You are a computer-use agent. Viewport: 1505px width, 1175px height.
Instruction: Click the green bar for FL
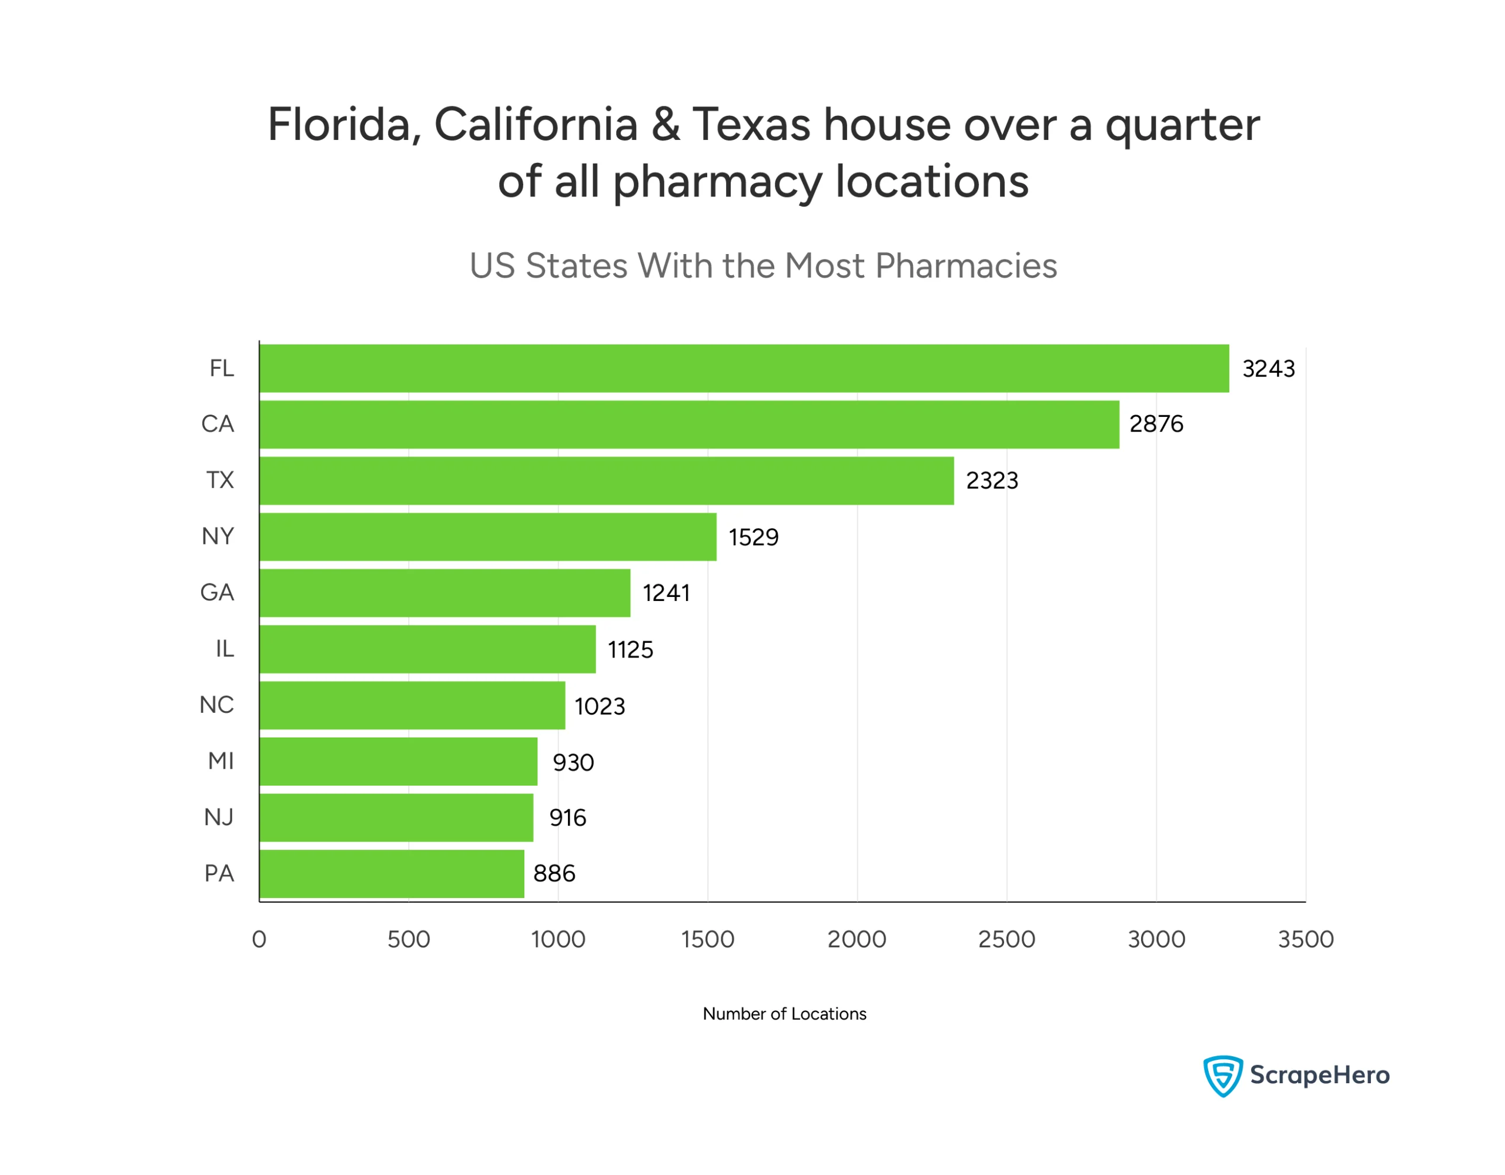pos(744,369)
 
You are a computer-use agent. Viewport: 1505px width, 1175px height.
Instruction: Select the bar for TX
pos(607,481)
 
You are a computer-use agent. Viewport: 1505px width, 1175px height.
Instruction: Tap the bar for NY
pos(488,537)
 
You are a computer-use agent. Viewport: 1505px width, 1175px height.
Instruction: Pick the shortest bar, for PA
pos(392,874)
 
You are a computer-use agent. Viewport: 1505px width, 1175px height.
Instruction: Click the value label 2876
pos(1156,424)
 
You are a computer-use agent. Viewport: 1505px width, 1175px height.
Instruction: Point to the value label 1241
pos(666,593)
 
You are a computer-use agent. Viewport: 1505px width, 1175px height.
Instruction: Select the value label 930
pos(573,763)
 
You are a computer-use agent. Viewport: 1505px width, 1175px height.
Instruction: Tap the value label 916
pos(568,818)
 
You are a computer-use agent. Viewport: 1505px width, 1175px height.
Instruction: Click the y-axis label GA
pos(217,593)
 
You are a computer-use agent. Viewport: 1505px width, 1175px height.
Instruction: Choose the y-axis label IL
pos(225,649)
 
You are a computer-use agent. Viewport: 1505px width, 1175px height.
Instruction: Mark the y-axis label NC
pos(216,705)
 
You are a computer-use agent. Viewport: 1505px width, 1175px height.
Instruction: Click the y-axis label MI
pos(220,761)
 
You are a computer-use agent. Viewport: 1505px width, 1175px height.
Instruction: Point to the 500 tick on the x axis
pos(409,939)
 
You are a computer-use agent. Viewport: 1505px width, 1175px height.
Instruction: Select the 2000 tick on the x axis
pos(857,939)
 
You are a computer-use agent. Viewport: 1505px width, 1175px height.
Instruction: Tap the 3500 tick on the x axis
pos(1306,939)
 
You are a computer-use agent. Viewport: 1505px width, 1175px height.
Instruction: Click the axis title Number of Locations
pos(784,1014)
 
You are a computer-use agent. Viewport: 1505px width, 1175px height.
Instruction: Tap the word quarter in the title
pos(1182,126)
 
